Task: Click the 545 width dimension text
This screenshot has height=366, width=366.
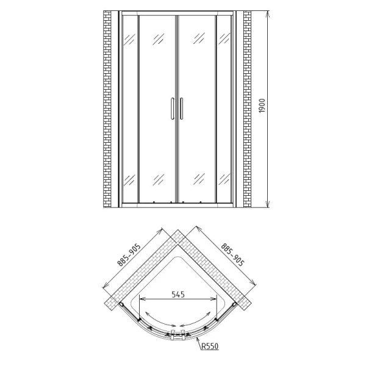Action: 178,294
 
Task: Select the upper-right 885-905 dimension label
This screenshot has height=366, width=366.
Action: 232,256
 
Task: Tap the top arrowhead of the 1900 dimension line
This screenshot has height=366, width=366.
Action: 267,13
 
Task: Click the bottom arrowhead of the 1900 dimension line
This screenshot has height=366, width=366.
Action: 267,206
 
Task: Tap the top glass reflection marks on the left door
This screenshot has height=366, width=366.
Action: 159,40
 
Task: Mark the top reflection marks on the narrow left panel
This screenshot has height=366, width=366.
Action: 129,40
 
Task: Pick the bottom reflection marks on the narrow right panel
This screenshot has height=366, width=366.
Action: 223,179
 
